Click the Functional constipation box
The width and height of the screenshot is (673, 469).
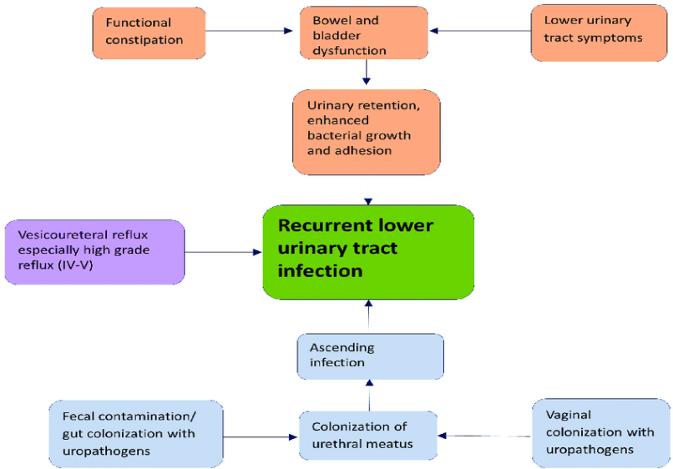[149, 33]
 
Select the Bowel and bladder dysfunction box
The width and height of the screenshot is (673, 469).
[364, 33]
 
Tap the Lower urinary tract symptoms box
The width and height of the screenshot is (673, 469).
[599, 33]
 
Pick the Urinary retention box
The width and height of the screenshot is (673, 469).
[367, 132]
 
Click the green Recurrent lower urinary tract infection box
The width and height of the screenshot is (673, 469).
[368, 252]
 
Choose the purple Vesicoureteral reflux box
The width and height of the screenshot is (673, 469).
[94, 252]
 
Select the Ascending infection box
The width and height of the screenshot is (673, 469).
[371, 356]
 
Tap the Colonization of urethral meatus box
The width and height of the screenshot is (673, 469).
[368, 436]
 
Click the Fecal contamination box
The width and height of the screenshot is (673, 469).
[136, 434]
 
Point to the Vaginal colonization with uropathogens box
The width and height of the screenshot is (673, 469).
[601, 433]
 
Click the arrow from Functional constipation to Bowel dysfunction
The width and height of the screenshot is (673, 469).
[249, 31]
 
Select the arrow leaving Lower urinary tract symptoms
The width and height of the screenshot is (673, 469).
[480, 31]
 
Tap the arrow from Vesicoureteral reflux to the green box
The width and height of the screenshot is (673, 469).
[223, 252]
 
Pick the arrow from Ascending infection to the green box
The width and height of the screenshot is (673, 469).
[368, 316]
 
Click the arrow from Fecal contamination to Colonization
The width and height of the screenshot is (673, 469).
[261, 437]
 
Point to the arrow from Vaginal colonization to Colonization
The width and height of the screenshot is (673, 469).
[485, 436]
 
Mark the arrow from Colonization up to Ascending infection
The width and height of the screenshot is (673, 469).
[370, 396]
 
